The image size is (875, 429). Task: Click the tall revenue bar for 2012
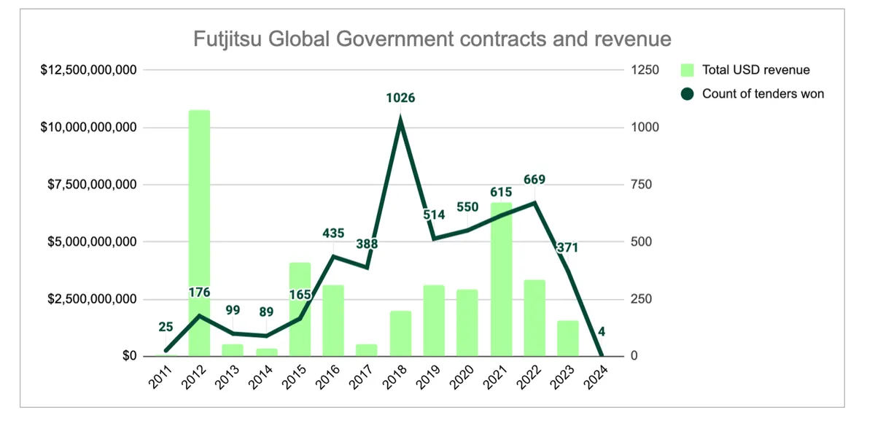coord(199,233)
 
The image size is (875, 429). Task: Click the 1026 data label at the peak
coord(400,97)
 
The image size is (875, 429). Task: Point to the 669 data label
coord(534,179)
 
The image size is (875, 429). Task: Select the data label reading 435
coord(334,233)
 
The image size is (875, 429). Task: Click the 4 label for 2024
coord(602,332)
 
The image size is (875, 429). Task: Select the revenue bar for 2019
coord(434,320)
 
